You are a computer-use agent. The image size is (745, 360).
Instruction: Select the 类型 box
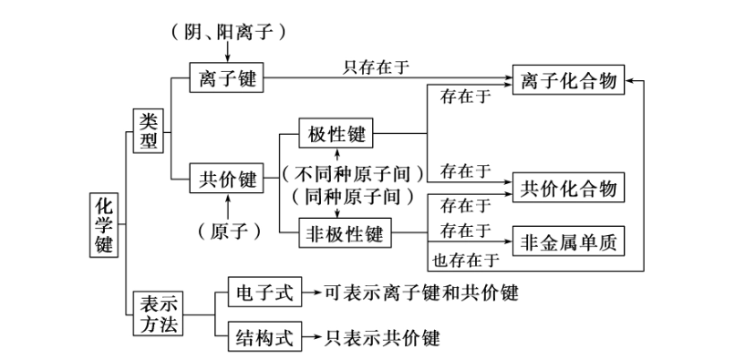149,130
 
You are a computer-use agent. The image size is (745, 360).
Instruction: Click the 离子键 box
226,79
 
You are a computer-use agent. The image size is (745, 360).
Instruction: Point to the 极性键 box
336,134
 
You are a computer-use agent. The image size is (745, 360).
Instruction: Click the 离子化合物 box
570,80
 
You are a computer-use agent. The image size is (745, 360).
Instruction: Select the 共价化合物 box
570,188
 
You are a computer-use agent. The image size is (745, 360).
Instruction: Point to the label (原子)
228,231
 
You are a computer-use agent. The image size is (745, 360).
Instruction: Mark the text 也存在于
465,260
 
